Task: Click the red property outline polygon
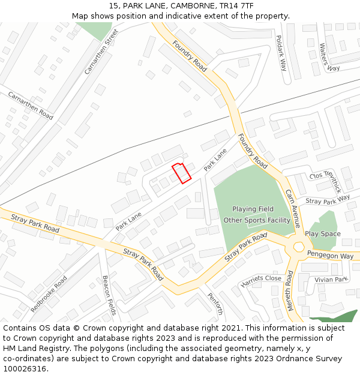click(x=182, y=173)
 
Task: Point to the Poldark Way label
click(x=281, y=53)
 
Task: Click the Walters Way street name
click(x=329, y=56)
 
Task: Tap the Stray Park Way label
click(x=328, y=199)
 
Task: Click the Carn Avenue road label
click(x=293, y=209)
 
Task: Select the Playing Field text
click(x=253, y=209)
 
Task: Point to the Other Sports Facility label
click(x=257, y=220)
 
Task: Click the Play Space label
click(x=322, y=233)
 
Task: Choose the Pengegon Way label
click(x=330, y=256)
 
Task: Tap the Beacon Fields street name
click(x=109, y=295)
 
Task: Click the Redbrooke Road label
click(x=49, y=293)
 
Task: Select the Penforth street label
click(x=215, y=303)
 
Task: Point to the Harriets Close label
click(x=261, y=281)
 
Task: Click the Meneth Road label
click(x=290, y=290)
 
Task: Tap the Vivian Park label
click(x=331, y=280)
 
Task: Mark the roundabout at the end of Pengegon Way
click(x=298, y=247)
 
